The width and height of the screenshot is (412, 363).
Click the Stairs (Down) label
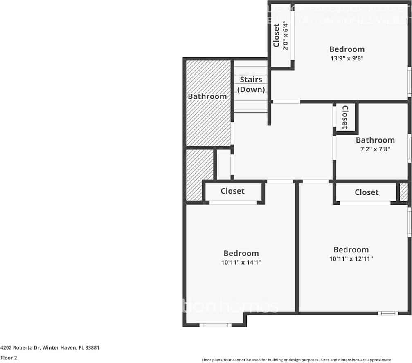[x=251, y=85]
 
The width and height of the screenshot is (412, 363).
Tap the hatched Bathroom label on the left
[x=207, y=96]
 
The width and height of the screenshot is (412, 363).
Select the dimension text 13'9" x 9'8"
[x=347, y=58]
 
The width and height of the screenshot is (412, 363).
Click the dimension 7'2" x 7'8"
[x=375, y=149]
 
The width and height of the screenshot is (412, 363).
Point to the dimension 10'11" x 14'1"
[x=241, y=263]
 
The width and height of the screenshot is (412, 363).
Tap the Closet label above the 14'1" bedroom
[x=232, y=191]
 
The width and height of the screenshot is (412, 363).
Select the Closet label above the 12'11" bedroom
[x=367, y=192]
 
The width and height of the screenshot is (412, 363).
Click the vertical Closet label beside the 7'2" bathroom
[x=345, y=117]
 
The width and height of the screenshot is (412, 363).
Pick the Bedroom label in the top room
[x=347, y=49]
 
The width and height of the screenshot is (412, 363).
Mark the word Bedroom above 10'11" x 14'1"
[x=241, y=254]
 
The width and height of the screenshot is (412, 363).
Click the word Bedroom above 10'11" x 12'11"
[x=351, y=250]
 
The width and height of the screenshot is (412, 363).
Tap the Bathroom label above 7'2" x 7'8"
[x=375, y=140]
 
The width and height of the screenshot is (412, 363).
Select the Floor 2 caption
[x=9, y=358]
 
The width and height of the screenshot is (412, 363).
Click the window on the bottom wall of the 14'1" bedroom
[x=215, y=325]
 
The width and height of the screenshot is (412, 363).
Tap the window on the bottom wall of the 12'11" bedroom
[x=388, y=313]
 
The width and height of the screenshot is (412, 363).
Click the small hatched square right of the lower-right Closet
[x=404, y=192]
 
